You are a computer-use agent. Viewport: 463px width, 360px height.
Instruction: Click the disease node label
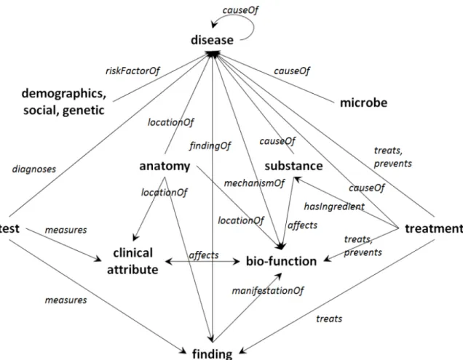click(x=212, y=40)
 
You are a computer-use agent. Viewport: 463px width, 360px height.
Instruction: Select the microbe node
click(x=363, y=103)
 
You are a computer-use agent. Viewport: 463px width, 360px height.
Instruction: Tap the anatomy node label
click(x=165, y=166)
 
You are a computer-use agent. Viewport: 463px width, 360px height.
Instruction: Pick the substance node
click(x=293, y=166)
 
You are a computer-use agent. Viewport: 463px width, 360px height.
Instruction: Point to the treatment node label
click(x=434, y=228)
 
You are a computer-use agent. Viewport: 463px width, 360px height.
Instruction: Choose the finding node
click(x=212, y=353)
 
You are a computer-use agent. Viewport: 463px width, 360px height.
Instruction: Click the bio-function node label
click(x=281, y=261)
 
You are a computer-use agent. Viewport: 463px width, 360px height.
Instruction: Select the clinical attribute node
click(x=132, y=261)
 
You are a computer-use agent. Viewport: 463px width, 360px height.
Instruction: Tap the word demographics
click(x=64, y=94)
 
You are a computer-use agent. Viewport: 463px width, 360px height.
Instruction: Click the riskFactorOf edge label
click(x=132, y=71)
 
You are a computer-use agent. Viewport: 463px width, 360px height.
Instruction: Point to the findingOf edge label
click(x=210, y=145)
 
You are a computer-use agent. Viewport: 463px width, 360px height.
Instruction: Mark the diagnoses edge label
click(x=34, y=169)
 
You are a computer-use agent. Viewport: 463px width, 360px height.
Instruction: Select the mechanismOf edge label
click(x=254, y=183)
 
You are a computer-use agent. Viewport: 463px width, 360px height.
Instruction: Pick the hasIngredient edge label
click(x=334, y=207)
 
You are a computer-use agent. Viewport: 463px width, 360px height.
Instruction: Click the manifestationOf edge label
click(x=267, y=291)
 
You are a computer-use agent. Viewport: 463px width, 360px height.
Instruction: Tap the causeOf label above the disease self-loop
click(x=240, y=10)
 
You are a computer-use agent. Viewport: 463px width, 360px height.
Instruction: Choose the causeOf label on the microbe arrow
click(x=292, y=71)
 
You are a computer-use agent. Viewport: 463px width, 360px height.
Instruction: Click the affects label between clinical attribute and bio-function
click(x=204, y=255)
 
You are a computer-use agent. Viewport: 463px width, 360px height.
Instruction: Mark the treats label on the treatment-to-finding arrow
click(x=329, y=319)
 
